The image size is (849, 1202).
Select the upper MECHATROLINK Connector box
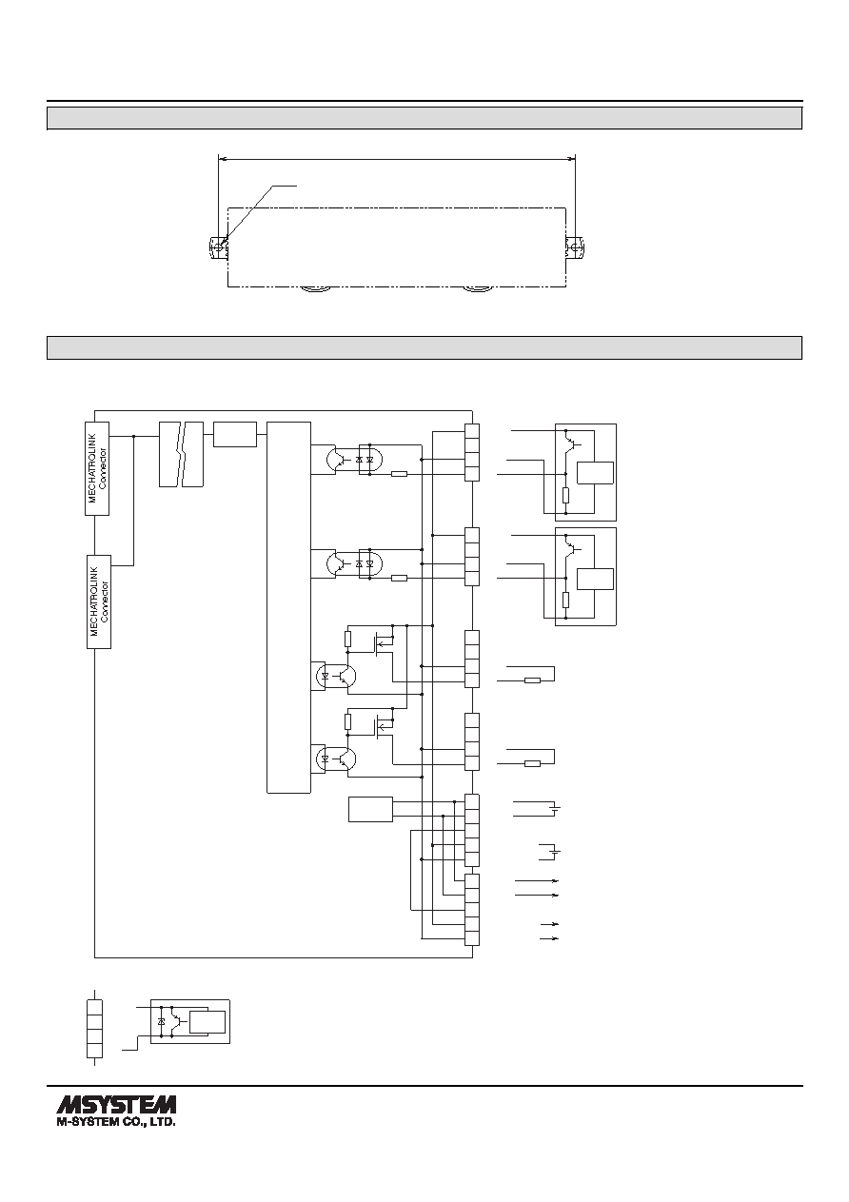[97, 468]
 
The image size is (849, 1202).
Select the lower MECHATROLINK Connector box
[99, 601]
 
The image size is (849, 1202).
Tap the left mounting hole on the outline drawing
[218, 247]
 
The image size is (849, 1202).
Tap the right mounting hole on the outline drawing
[575, 247]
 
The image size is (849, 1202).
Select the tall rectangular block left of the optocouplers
[288, 607]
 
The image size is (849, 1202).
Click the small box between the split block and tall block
[235, 434]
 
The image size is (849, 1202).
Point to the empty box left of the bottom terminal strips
[370, 809]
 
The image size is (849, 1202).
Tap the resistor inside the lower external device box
[565, 600]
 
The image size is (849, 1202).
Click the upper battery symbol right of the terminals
[556, 808]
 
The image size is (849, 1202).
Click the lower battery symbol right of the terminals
[556, 852]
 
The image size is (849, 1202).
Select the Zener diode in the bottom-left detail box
[162, 1022]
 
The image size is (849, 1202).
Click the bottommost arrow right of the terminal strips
[549, 938]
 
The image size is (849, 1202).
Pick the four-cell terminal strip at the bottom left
[94, 1028]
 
